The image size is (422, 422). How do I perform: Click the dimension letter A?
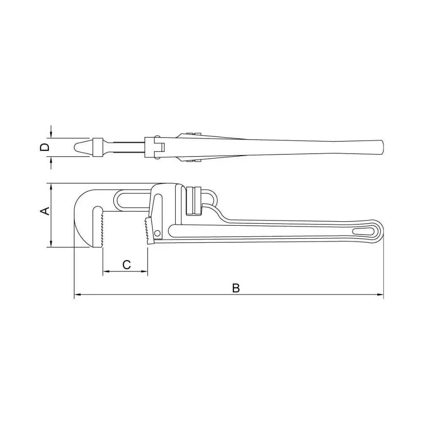point(45,211)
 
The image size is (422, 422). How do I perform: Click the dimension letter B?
point(236,288)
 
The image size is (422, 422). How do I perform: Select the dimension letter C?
point(127,265)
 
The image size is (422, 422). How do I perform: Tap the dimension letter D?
point(45,147)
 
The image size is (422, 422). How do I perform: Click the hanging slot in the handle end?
point(363,231)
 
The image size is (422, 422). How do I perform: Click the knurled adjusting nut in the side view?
point(193,201)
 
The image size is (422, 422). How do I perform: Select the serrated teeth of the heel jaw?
point(147,231)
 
